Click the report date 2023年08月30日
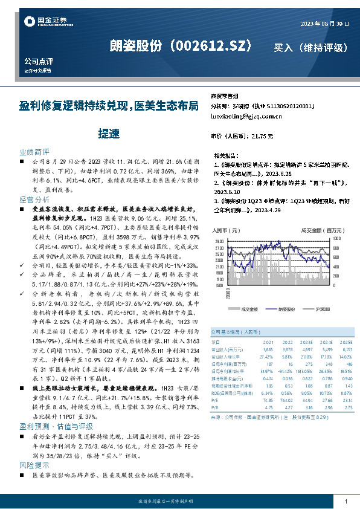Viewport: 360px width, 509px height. click(325, 24)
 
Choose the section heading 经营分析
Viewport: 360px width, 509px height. click(34, 199)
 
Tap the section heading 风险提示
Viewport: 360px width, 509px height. click(34, 465)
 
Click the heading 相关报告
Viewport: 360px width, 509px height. click(226, 155)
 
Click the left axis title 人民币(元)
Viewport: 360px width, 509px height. click(227, 230)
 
